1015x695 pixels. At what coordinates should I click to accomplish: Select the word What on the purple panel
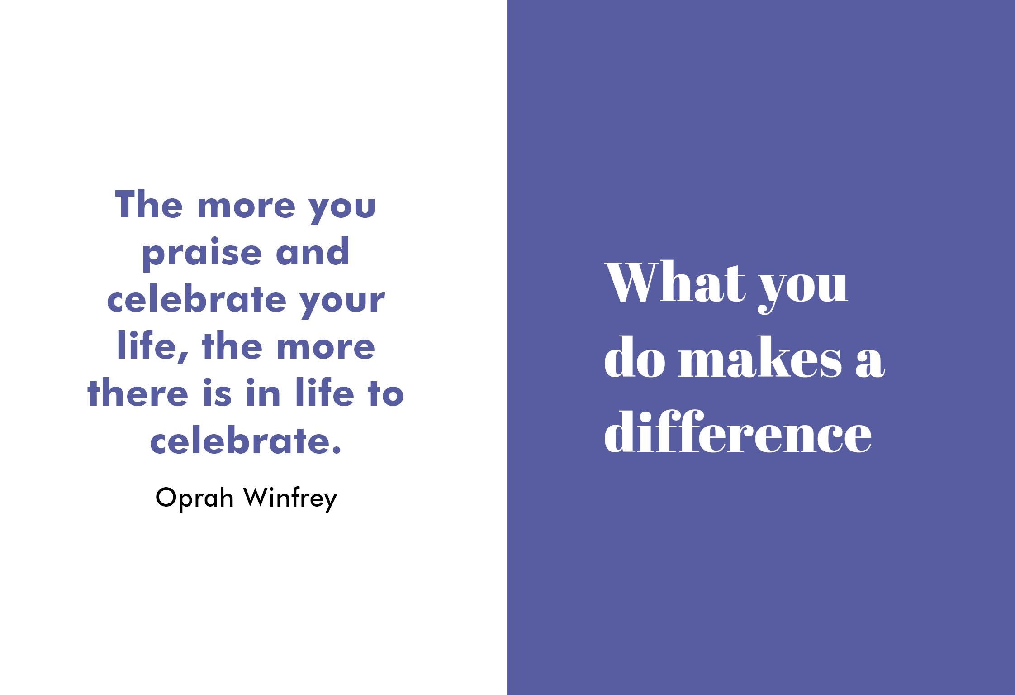click(x=675, y=281)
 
